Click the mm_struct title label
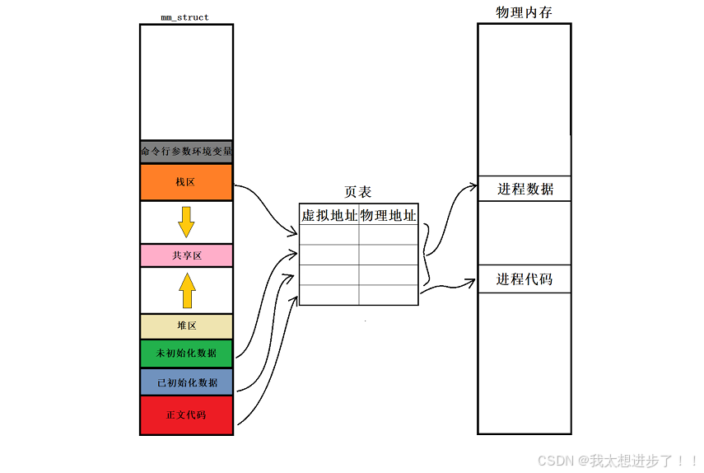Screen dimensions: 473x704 (185, 16)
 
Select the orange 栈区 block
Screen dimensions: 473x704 (186, 182)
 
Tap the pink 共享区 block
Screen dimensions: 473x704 (186, 255)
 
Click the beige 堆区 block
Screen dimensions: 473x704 (186, 325)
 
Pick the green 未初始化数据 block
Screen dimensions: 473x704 (186, 353)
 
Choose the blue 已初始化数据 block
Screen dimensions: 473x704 (186, 382)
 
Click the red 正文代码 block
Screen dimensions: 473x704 (186, 414)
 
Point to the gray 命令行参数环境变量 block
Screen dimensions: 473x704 (186, 152)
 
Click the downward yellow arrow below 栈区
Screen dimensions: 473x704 (187, 222)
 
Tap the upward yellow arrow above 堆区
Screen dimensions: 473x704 (187, 290)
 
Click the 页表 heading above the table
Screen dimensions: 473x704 (357, 192)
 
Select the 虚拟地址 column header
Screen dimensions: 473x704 (329, 216)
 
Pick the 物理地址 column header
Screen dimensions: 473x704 (388, 216)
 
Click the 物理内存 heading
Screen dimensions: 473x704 (524, 12)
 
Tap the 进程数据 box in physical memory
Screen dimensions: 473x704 (525, 189)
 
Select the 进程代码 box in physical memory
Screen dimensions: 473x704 (525, 279)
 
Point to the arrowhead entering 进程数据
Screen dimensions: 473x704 (473, 187)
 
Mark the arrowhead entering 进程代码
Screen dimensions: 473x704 (472, 282)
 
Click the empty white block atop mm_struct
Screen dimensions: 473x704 (186, 82)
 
